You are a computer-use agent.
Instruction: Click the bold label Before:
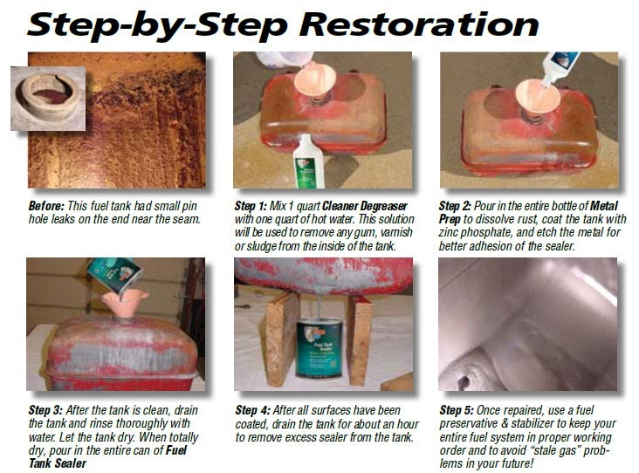click(x=45, y=206)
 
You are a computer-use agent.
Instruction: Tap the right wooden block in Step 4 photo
click(x=359, y=336)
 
